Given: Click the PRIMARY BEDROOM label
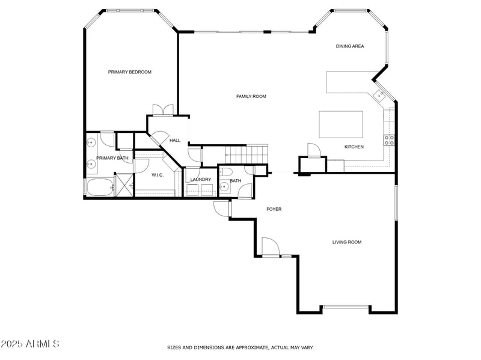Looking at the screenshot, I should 129,72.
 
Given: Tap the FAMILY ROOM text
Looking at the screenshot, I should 251,96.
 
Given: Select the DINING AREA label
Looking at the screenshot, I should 349,46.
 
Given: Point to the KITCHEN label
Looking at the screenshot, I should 354,147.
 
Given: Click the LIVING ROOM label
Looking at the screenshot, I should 347,242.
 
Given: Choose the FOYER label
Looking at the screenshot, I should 274,209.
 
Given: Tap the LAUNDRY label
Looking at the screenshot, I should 200,180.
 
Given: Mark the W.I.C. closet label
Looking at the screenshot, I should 158,175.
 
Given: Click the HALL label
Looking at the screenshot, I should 175,140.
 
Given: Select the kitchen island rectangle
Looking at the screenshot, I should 341,124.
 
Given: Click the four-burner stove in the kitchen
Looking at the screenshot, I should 389,141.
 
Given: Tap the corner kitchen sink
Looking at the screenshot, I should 379,96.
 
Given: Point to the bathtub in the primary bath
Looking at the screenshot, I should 99,188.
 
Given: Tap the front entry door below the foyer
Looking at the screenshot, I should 270,248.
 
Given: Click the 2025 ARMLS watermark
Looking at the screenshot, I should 29,344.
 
